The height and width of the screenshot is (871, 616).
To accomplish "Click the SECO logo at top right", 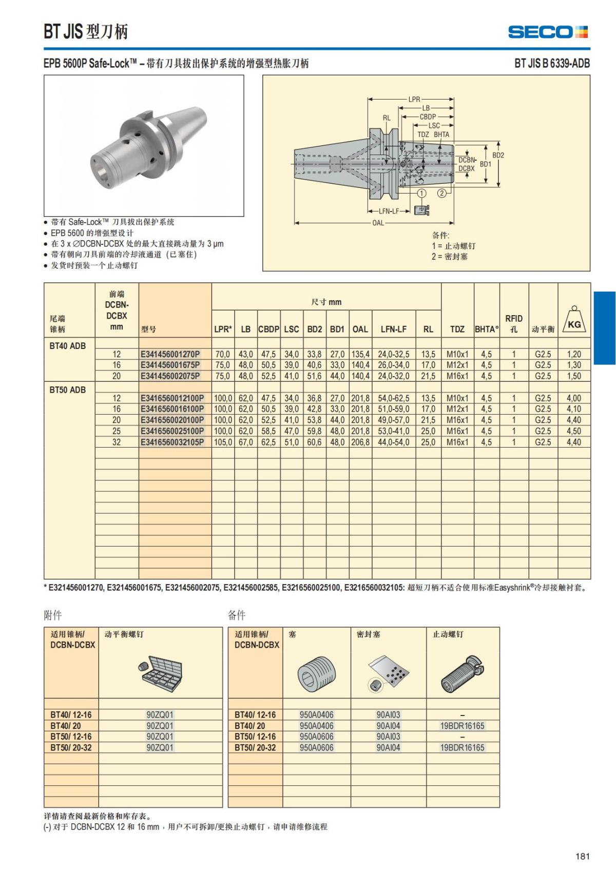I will [x=548, y=32].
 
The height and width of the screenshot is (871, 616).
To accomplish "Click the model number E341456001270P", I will [x=170, y=354].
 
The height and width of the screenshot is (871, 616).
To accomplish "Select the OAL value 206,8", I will [x=360, y=442].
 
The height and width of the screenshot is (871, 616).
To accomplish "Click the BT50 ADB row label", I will [x=68, y=390].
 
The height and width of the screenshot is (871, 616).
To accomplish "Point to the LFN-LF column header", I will [x=393, y=329].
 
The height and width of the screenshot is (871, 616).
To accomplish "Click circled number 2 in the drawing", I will [x=442, y=193].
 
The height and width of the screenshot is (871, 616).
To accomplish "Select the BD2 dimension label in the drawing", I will [x=498, y=155].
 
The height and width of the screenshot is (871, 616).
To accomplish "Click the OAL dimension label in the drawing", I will [x=378, y=223].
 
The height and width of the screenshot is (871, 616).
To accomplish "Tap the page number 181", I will [x=582, y=856].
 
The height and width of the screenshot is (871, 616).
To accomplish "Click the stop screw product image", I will [x=463, y=673].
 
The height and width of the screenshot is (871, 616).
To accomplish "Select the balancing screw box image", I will [x=160, y=673].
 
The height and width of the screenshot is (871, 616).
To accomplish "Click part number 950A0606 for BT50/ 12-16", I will [x=316, y=737].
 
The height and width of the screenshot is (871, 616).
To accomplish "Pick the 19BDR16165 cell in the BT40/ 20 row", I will [x=462, y=726].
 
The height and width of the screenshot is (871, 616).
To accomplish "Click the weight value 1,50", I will [x=574, y=376].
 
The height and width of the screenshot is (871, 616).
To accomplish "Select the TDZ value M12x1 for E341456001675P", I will [x=457, y=365].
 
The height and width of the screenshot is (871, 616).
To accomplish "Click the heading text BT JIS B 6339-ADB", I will [x=552, y=63].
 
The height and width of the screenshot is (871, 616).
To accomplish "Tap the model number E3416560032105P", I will [x=172, y=442].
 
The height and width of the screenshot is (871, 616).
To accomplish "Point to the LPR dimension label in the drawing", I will [x=414, y=99].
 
